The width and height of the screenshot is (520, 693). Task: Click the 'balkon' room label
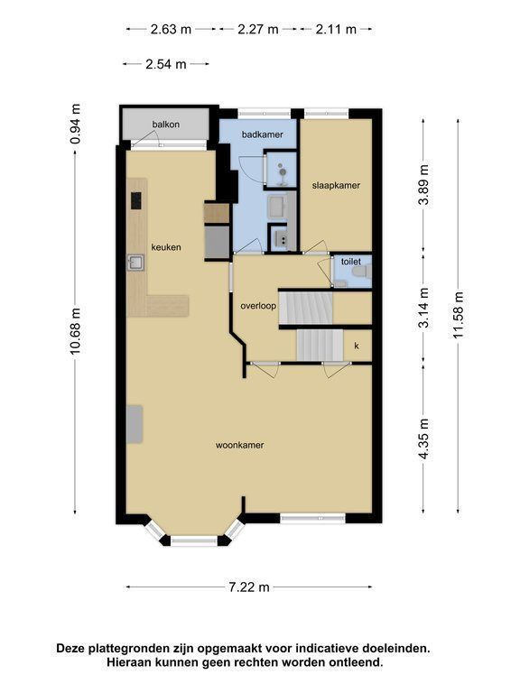pos(166,125)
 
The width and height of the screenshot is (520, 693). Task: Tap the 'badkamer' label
pos(262,134)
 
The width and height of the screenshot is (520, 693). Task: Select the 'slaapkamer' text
pos(336,186)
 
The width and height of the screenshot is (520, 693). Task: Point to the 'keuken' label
pos(166,247)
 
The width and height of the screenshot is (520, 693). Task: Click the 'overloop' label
pos(258,306)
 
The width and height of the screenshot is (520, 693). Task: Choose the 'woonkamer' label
pos(239,445)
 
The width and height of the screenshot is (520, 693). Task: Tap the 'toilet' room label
pos(351,262)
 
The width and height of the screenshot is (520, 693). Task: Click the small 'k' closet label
pos(357,346)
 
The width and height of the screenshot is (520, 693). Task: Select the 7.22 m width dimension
pos(249,587)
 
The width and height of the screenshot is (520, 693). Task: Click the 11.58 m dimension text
pos(458,315)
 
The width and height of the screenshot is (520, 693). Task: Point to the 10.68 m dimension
pos(75,330)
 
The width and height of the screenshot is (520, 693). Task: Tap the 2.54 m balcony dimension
pos(166,65)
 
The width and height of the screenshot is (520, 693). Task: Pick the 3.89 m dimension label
pos(424,184)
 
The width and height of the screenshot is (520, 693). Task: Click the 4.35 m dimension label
pos(424,439)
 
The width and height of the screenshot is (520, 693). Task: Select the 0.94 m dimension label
pos(75,124)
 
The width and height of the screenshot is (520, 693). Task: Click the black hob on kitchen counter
pos(136,200)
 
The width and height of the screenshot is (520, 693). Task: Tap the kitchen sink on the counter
pos(135,263)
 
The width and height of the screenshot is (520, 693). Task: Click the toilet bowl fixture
pos(362,273)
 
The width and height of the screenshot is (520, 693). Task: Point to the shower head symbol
pos(281,166)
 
